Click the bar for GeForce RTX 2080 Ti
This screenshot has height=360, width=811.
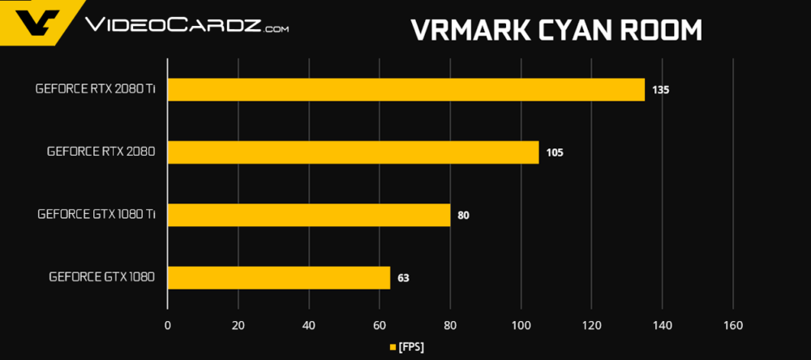[x=405, y=89]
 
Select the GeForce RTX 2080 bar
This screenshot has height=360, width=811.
[x=353, y=152]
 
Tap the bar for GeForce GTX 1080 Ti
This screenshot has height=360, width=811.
[x=308, y=215]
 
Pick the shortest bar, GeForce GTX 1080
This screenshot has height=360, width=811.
[x=278, y=277]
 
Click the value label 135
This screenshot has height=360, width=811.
[x=660, y=90]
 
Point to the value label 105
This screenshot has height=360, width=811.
[x=555, y=152]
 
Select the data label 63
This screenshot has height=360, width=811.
[x=403, y=278]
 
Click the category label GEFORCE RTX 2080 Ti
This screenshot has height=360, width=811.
[x=95, y=89]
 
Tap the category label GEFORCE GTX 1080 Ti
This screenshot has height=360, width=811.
[x=96, y=215]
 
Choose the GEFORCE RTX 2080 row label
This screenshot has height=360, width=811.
[x=101, y=152]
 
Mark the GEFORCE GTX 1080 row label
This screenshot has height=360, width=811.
[x=101, y=277]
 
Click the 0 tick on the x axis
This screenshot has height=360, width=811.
[x=167, y=325]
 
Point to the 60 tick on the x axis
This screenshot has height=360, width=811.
[x=379, y=325]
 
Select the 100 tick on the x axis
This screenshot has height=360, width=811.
[x=521, y=325]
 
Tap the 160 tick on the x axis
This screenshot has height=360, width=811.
[x=732, y=325]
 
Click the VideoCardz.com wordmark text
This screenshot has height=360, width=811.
[x=186, y=27]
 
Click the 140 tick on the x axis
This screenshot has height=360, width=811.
[x=662, y=325]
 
